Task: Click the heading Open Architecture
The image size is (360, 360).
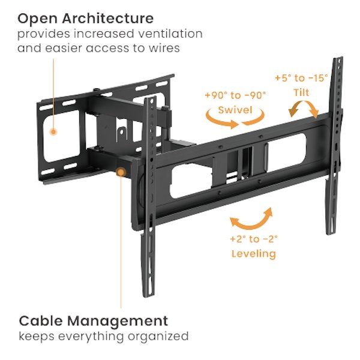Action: coord(85,19)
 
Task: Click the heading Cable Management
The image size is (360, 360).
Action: coord(93,321)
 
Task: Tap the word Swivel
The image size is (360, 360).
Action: coord(235,110)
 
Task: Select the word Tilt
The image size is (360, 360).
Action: coord(301,92)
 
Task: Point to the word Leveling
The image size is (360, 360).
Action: coord(254,254)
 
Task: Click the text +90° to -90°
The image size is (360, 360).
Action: coord(235,95)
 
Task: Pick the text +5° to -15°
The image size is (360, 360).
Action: coord(301,78)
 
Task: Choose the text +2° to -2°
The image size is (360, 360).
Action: coord(254,239)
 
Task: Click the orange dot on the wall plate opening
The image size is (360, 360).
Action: coord(53,132)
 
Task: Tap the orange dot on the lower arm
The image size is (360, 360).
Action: coord(121,172)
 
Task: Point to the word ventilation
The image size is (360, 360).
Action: coord(170,34)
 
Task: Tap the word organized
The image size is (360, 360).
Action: coord(158,337)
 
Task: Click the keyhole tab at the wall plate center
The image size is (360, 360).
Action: coord(121,134)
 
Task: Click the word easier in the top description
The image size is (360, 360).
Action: coord(64,49)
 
